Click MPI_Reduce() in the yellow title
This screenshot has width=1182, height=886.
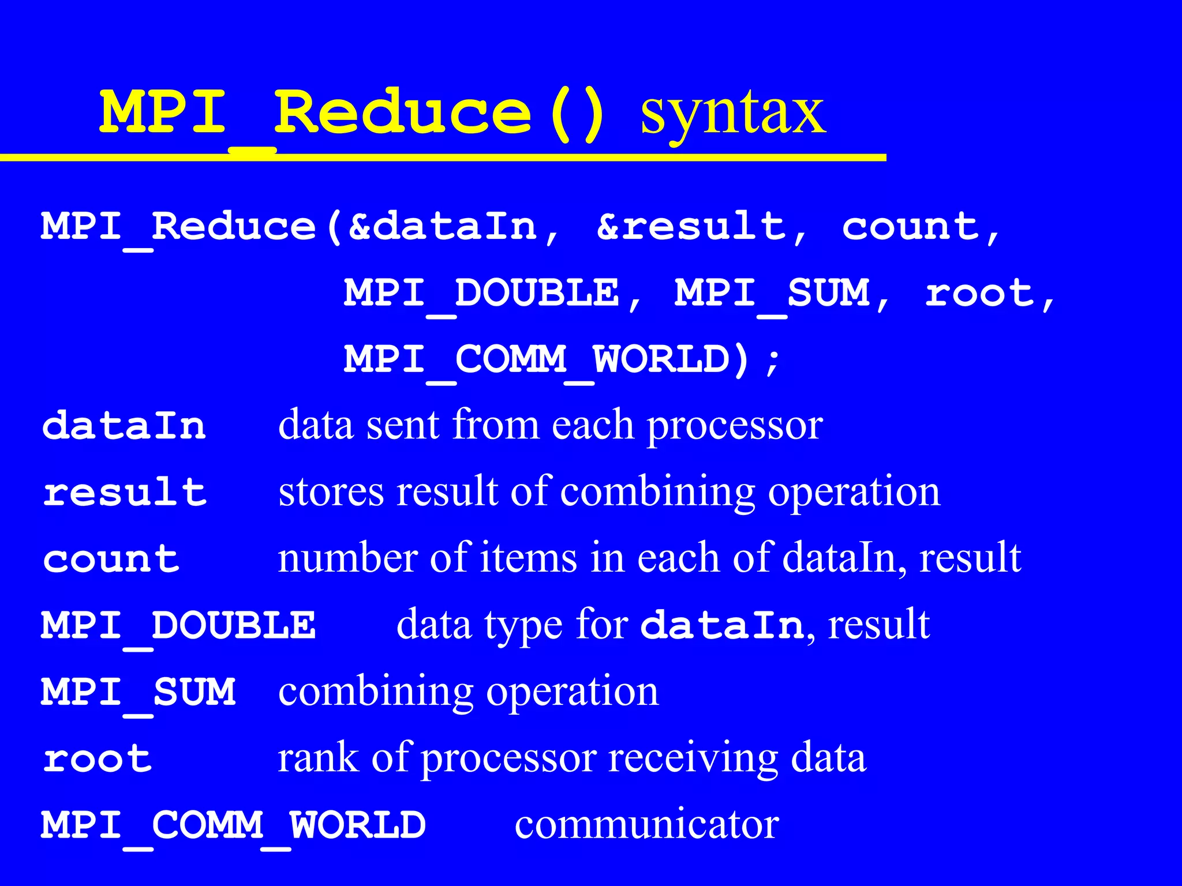tap(352, 112)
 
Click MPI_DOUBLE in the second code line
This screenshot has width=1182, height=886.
tap(482, 293)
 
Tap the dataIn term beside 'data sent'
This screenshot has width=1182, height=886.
tap(124, 426)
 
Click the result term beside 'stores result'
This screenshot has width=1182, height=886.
tap(125, 493)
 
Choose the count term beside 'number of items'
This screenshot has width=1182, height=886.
tap(111, 559)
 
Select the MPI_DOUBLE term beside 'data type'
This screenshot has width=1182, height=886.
tap(178, 625)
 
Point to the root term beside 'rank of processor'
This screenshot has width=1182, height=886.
tap(98, 759)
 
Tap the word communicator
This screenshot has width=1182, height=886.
tap(646, 825)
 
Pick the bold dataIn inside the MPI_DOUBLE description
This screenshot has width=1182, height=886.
tap(721, 625)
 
